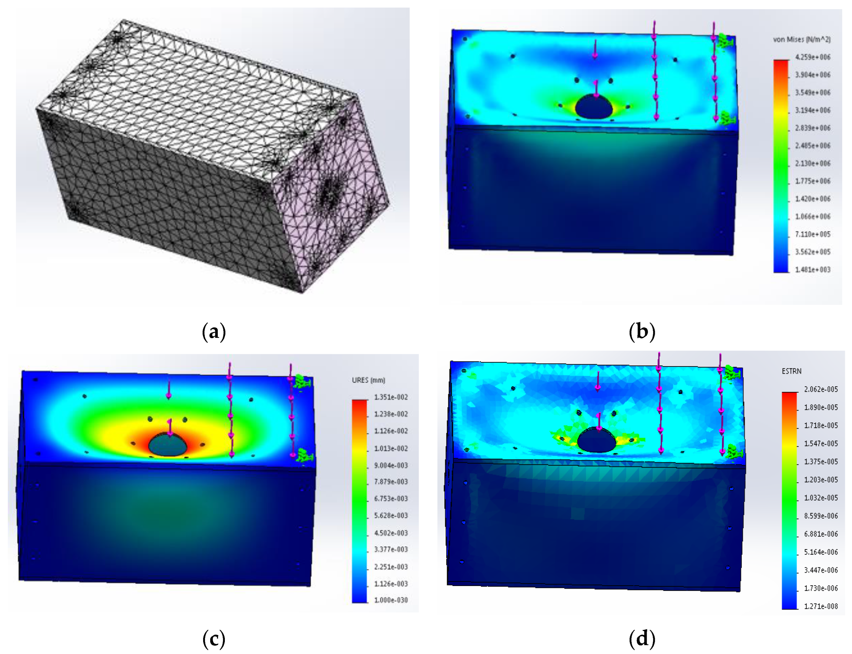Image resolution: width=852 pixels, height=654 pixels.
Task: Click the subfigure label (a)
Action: [214, 332]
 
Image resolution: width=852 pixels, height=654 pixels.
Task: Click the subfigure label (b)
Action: [642, 332]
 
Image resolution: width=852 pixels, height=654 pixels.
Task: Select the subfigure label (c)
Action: [214, 639]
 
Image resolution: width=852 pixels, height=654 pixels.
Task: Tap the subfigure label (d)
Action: [642, 639]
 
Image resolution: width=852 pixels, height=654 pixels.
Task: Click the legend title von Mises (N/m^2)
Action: [801, 39]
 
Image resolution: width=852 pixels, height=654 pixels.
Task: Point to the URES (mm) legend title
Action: [368, 380]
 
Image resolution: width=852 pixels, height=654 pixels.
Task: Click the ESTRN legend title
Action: [791, 371]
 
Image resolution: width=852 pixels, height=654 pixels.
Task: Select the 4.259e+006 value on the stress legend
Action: [812, 57]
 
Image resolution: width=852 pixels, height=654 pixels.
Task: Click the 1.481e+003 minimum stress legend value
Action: [812, 269]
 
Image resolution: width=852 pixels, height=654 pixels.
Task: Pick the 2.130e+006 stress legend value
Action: [812, 163]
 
